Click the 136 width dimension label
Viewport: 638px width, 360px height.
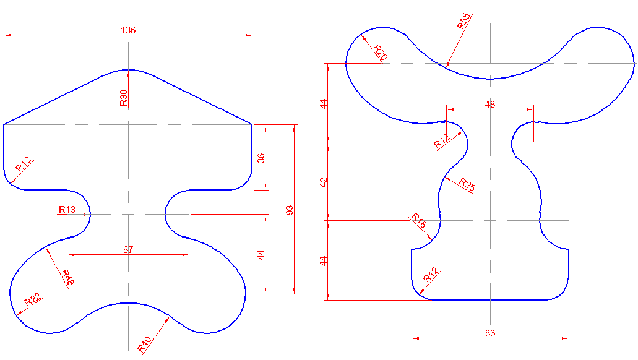pos(128,30)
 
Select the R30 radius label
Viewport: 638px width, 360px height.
pos(124,98)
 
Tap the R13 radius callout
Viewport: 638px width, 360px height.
pos(67,210)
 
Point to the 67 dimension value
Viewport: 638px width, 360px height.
pos(128,249)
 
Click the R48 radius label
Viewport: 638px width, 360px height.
pos(67,277)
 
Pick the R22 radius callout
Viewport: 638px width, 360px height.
pos(32,300)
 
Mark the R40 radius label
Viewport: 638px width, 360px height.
pos(144,345)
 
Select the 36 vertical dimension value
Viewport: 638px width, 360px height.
pos(261,158)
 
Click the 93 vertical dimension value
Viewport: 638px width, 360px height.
pos(289,210)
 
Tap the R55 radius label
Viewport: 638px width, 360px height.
pos(463,22)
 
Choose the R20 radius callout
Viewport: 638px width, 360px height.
pos(380,52)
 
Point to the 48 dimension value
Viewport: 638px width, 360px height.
pos(490,105)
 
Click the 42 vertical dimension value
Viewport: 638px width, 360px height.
pos(323,182)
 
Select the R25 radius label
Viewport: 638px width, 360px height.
pos(467,184)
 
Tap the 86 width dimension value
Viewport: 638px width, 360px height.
pos(490,333)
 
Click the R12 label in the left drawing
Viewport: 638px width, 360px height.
pos(23,164)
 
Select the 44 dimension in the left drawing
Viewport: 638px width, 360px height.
pos(261,254)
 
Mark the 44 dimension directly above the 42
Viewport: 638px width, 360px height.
pos(323,103)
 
